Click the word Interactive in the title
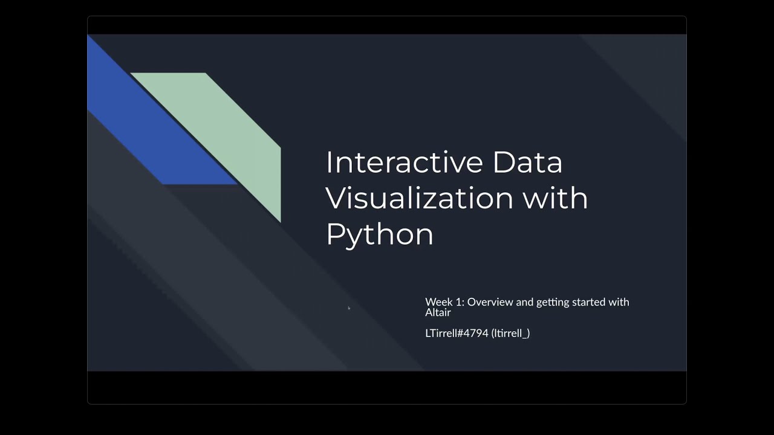(404, 162)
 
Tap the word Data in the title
(527, 162)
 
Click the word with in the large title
(555, 198)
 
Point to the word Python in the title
(379, 234)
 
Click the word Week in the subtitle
(437, 302)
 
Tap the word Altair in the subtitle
(438, 312)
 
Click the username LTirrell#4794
(457, 333)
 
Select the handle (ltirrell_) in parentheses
(510, 333)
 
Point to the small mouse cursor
(349, 308)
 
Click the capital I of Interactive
(329, 162)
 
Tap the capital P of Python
(334, 233)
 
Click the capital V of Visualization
(336, 198)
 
